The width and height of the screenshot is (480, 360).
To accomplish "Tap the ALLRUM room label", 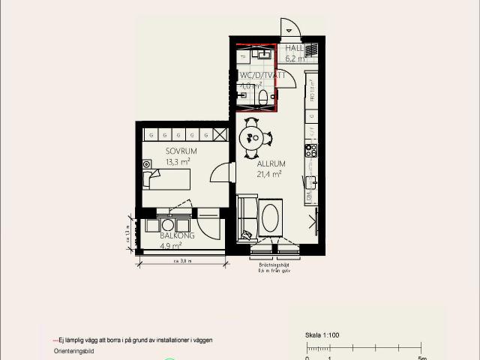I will [x=268, y=163].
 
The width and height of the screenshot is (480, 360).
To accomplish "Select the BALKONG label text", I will [x=177, y=235].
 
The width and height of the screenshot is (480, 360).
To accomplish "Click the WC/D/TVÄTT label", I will [x=262, y=76].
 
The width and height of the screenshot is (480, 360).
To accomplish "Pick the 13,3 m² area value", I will [x=177, y=160].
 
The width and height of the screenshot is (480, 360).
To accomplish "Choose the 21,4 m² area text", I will [x=268, y=173].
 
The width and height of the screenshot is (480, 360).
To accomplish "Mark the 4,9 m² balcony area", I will [x=171, y=244].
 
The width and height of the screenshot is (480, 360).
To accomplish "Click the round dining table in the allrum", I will [x=253, y=137].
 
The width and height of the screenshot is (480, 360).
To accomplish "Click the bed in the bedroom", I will [x=166, y=179].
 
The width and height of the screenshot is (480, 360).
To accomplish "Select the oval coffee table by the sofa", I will [x=270, y=217].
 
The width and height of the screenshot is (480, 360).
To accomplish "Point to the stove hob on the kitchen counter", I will [x=310, y=151].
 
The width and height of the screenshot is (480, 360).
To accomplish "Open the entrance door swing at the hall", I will [x=290, y=28].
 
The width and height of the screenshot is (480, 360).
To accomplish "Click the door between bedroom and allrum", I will [x=220, y=174].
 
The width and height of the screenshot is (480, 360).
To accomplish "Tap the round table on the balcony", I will [x=167, y=224].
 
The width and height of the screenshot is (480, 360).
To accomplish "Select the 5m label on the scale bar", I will [x=421, y=357].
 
